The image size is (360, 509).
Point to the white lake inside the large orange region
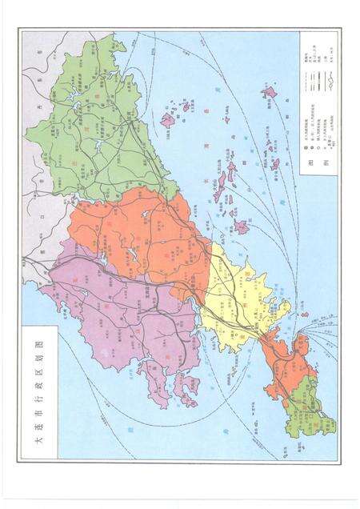[129, 256]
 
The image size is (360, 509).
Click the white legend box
[318, 104]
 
